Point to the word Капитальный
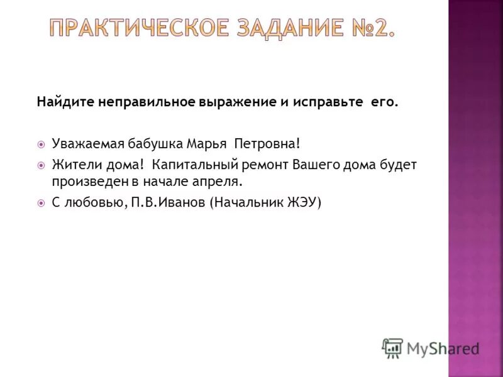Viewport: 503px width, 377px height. (187, 165)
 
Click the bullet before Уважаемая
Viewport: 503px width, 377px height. (41, 145)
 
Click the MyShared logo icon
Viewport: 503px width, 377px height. (392, 347)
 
